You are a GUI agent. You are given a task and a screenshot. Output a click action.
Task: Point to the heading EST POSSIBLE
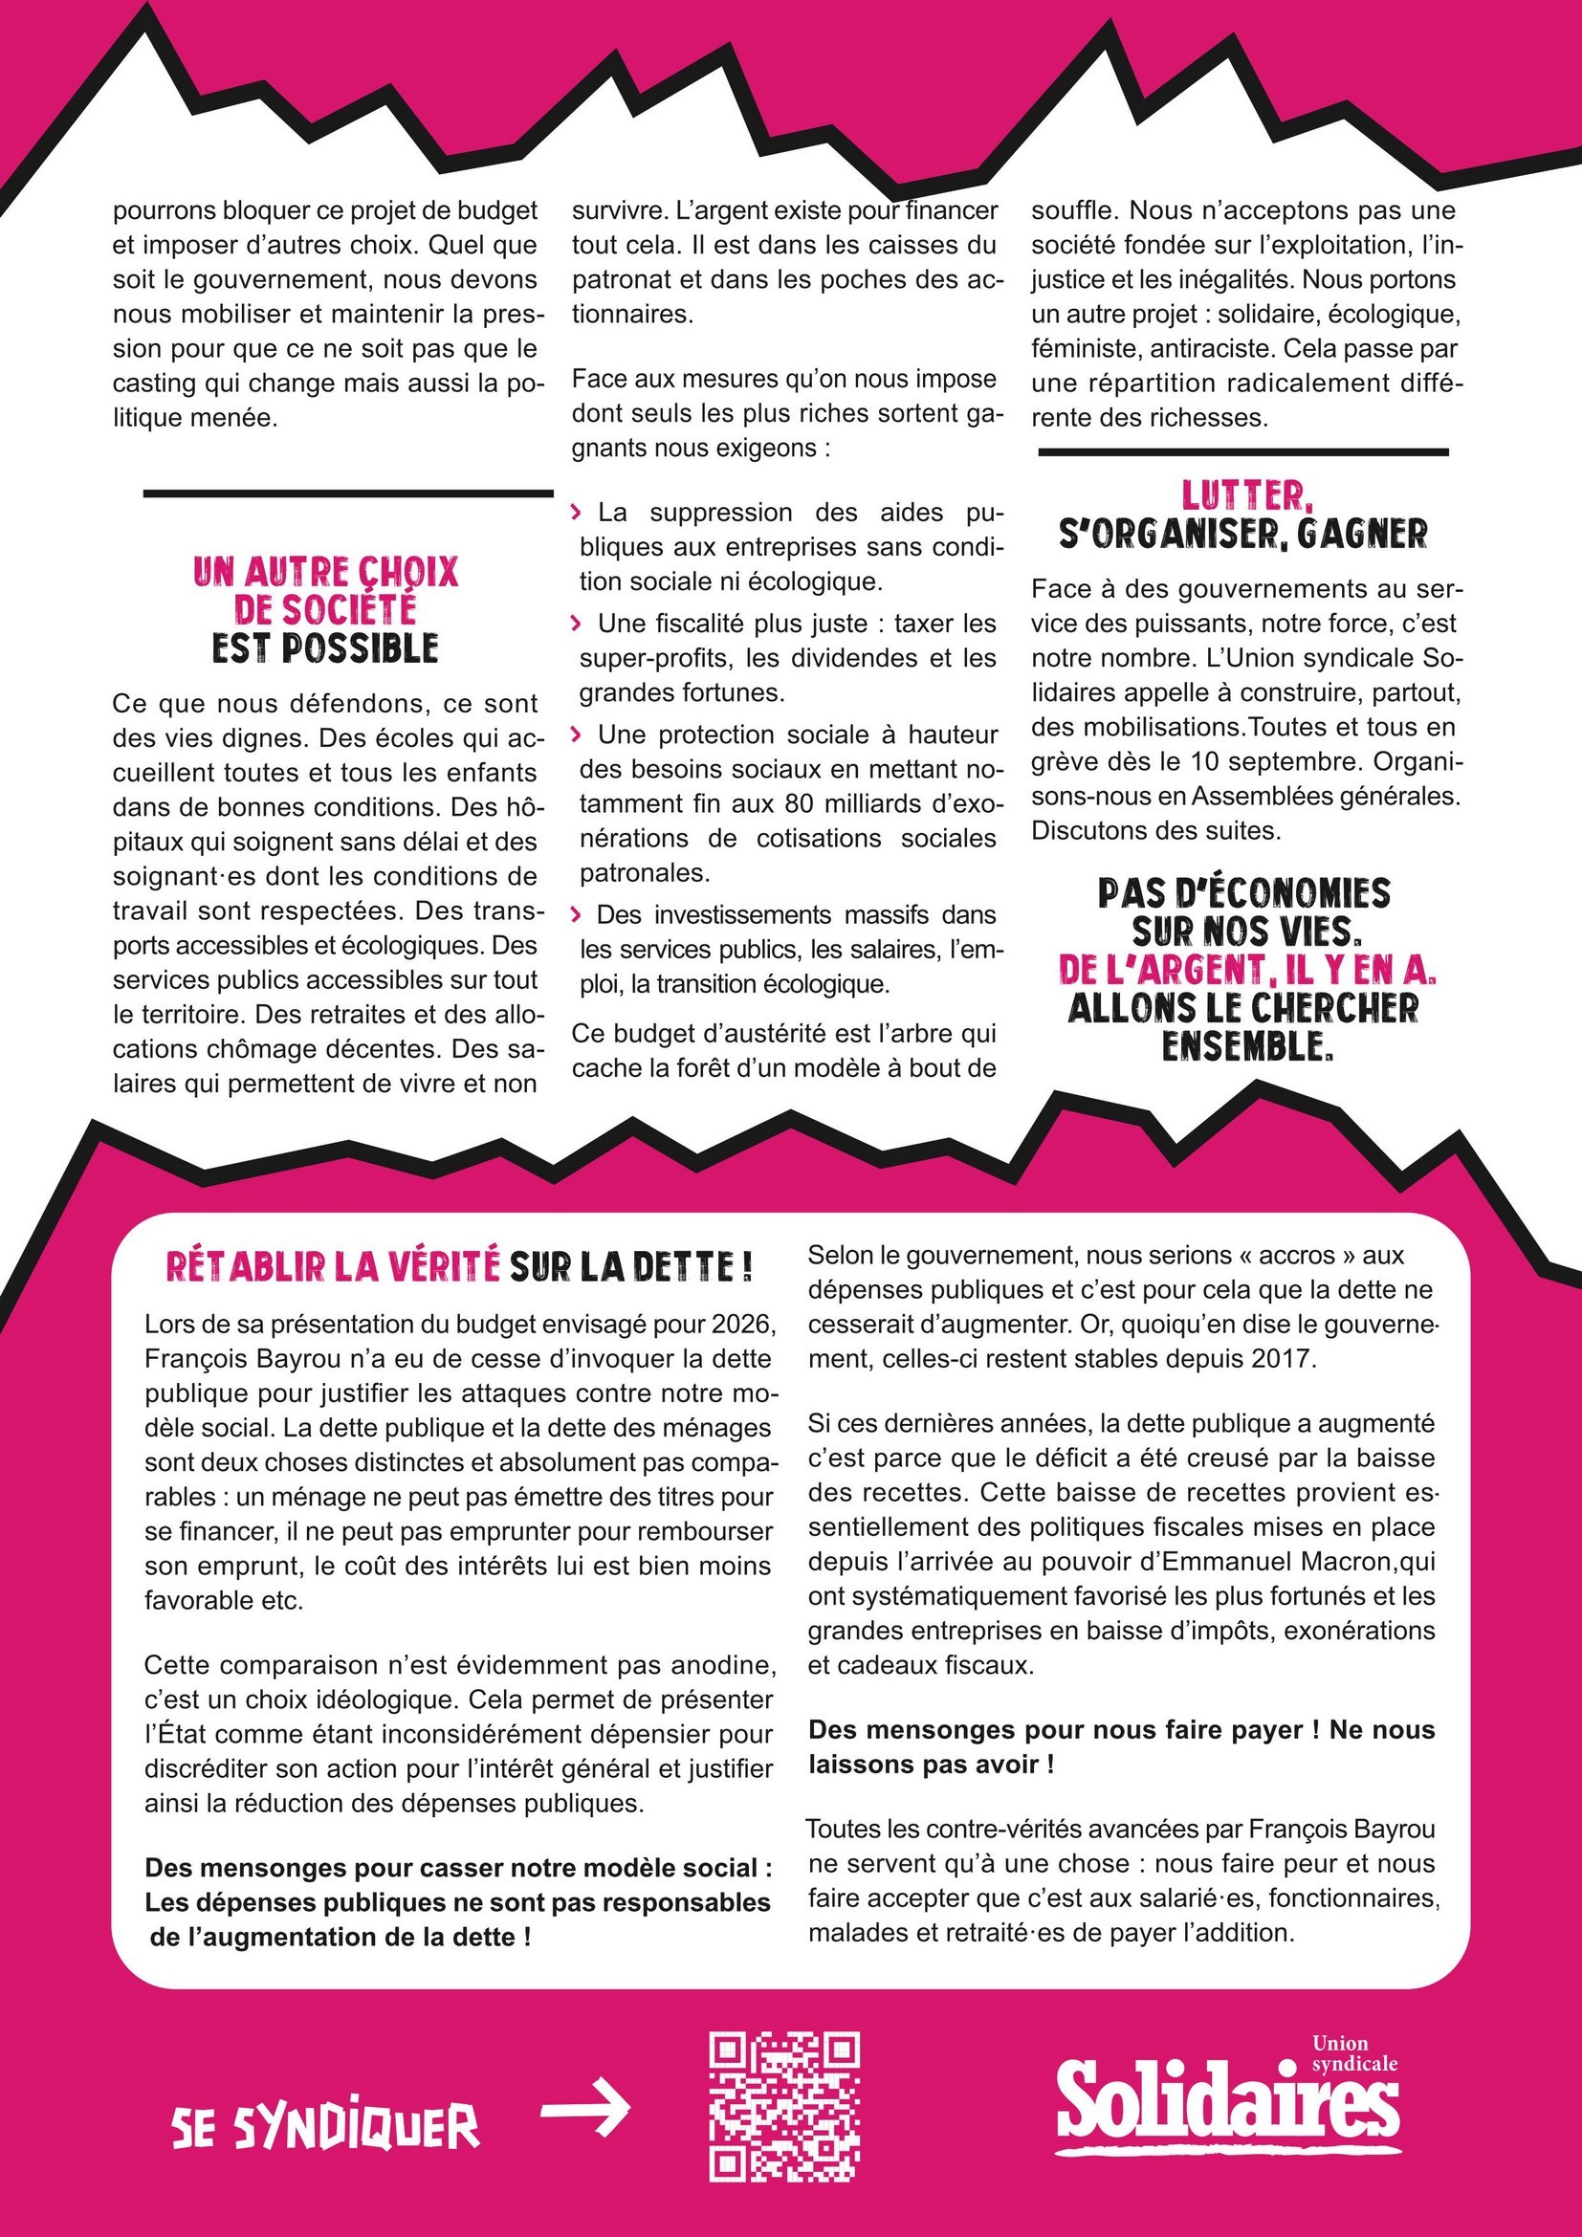tap(325, 648)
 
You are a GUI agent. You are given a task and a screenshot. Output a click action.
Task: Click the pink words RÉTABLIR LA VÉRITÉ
tap(332, 1266)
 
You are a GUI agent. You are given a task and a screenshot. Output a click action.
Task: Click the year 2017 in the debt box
tap(1283, 1359)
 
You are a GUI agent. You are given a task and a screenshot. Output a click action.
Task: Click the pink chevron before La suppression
tap(577, 512)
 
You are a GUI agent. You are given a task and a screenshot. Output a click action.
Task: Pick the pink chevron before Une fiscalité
tap(577, 623)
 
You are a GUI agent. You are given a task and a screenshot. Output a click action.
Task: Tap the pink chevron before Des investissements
tap(577, 914)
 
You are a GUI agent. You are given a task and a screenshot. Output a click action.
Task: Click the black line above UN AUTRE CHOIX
tap(348, 493)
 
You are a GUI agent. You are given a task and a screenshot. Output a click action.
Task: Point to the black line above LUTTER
tap(1243, 452)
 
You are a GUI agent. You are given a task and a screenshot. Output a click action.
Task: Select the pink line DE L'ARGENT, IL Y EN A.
tap(1247, 970)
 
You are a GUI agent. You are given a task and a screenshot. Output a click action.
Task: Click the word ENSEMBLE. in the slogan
tap(1247, 1046)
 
